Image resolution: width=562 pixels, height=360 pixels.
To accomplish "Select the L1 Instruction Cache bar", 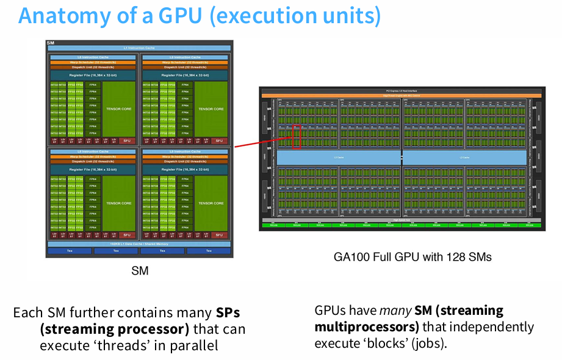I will coord(139,48).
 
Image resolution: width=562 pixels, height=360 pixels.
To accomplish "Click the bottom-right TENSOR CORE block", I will coord(211,203).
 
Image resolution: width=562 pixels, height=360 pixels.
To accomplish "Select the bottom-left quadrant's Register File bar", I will coord(93,169).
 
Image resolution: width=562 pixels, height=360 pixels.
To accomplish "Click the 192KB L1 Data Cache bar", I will coord(139,243).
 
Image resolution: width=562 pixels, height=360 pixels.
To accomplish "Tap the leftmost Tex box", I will coord(69,251).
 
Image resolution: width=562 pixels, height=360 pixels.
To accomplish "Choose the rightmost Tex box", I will coord(209,251).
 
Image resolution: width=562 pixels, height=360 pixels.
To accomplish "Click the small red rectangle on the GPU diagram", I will coord(297,136).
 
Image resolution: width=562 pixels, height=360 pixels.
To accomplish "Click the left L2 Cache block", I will coord(339,157).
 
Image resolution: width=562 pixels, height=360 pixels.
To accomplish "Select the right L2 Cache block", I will coord(465,157).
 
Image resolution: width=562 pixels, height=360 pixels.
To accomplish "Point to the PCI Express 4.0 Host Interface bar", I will coord(400,90).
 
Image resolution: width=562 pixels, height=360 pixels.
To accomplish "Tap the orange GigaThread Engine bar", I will coord(400,95).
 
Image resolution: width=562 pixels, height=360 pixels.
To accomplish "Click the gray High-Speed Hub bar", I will coord(400,220).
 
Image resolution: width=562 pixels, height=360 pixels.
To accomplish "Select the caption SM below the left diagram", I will coord(139,271).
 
